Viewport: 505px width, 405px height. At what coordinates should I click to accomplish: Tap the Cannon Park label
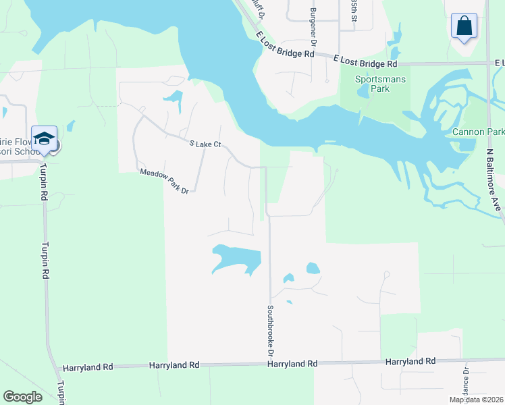[479, 132]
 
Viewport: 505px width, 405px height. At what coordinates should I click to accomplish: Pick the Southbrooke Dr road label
[270, 331]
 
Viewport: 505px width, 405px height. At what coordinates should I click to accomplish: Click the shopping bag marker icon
[464, 27]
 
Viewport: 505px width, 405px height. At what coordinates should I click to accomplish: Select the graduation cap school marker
[44, 139]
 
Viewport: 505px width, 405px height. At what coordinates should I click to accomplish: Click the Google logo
[23, 397]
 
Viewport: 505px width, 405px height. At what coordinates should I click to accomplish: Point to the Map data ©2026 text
[476, 400]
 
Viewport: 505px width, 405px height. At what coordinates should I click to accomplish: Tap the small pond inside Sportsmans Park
[365, 91]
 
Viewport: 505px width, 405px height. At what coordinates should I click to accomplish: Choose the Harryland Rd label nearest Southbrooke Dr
[292, 364]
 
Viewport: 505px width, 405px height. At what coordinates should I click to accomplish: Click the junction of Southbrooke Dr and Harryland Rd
[271, 364]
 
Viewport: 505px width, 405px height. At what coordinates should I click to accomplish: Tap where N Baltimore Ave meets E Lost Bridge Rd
[489, 63]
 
